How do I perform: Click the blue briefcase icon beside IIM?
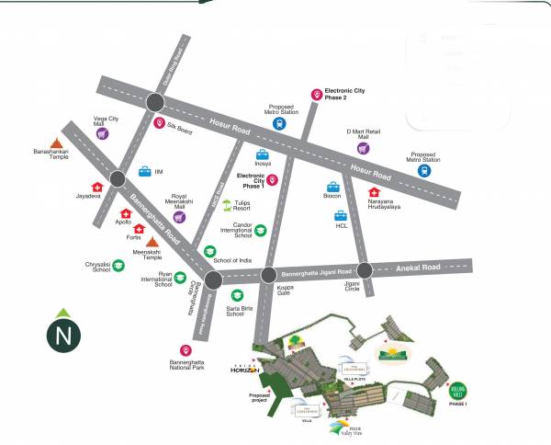(144, 171)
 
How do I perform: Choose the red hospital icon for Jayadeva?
(96, 187)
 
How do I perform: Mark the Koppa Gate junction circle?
(269, 275)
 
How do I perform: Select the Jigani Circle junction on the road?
(365, 270)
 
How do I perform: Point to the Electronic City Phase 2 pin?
(317, 95)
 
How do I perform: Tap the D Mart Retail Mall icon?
(363, 148)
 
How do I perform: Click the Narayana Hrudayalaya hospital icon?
(374, 192)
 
